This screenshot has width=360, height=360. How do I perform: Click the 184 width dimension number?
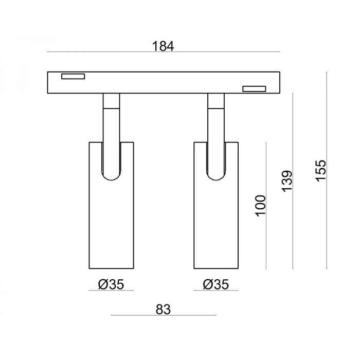163,46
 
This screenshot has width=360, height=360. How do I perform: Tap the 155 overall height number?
320,170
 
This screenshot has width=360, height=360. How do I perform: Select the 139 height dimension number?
287,182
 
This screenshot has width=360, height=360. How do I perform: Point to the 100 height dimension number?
260,206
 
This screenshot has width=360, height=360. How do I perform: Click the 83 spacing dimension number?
163,309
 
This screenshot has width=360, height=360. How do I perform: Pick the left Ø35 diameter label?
111,284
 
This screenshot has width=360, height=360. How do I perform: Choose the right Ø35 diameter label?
216,284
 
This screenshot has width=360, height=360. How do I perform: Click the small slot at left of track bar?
73,77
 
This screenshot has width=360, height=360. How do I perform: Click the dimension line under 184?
163,52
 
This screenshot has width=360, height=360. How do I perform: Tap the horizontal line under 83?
163,315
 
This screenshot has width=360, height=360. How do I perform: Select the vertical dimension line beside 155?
328,170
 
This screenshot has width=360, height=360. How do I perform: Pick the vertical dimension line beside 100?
266,206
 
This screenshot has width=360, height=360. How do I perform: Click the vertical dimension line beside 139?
293,181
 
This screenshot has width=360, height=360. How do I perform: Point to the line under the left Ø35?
111,291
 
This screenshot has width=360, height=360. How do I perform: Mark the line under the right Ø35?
216,291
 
